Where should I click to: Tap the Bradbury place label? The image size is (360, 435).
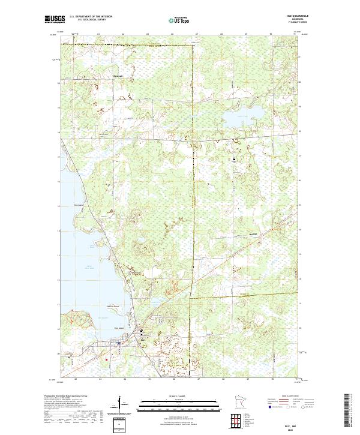[238, 236]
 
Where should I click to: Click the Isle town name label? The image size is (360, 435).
[143, 339]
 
